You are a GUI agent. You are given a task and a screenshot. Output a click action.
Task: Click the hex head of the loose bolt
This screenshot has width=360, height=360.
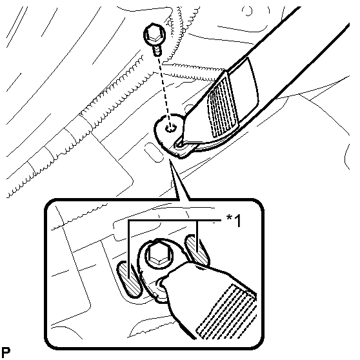[x=154, y=35]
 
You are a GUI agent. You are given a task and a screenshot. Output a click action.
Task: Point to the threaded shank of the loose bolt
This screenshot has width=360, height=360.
[x=157, y=50]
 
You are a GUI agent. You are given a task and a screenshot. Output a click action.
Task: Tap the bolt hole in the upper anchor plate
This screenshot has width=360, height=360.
[x=170, y=128]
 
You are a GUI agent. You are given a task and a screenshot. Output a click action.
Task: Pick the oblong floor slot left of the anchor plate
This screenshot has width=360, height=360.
[x=154, y=152]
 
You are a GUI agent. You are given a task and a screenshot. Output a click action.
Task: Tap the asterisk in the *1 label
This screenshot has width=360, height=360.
[x=229, y=217]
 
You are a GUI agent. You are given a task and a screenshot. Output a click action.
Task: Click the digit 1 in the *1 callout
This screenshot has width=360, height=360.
[x=237, y=221]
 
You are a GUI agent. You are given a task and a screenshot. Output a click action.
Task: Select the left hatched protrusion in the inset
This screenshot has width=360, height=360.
[x=128, y=279]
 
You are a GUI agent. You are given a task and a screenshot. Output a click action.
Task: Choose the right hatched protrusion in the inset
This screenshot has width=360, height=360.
[x=197, y=250]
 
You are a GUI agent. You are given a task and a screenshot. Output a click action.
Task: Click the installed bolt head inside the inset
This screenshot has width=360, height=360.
[x=159, y=255]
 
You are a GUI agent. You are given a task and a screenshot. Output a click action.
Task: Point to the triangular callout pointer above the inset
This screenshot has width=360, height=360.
[x=179, y=181]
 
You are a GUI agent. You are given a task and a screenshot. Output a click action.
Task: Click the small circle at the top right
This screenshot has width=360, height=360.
[x=248, y=10]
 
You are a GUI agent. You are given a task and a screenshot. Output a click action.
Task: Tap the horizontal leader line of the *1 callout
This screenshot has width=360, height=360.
[x=174, y=221]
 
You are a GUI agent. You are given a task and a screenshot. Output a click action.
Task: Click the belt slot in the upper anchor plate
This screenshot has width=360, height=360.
[x=180, y=145]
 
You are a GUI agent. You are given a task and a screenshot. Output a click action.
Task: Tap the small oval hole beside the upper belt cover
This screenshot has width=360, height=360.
[x=189, y=108]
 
